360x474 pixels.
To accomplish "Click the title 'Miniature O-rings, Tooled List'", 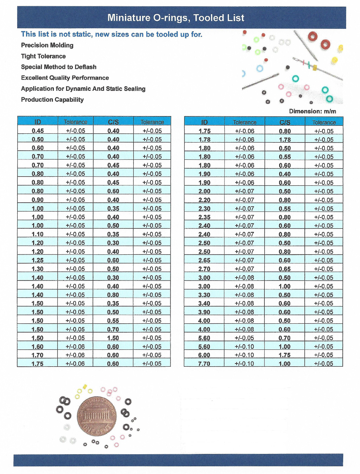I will click(176, 18).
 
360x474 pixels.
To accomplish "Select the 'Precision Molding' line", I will click(47, 45).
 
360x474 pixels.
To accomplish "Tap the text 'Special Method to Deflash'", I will click(58, 67).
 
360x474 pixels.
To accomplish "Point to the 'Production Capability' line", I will click(52, 100).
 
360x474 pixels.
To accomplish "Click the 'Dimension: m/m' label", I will click(312, 111).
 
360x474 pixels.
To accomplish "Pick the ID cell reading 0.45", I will click(38, 131).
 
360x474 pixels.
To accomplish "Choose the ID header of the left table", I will click(38, 122).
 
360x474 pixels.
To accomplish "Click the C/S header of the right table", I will click(285, 122).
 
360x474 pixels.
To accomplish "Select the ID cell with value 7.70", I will click(204, 364).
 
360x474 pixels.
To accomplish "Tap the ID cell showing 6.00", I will click(204, 355).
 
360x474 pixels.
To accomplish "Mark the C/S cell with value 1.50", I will click(113, 338).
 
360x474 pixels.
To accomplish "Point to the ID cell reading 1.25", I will click(38, 260).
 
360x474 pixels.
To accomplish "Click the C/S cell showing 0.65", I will click(284, 269).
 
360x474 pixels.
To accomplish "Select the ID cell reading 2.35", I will click(204, 217).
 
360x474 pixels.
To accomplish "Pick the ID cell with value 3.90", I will click(204, 312).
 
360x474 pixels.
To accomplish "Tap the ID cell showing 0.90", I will click(38, 200).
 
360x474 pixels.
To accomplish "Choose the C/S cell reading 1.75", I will click(284, 355).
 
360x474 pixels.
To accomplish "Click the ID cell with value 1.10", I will click(38, 234).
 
